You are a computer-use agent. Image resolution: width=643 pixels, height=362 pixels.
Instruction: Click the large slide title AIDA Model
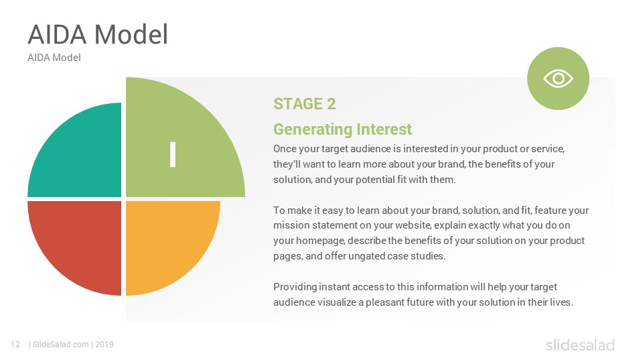click(x=97, y=34)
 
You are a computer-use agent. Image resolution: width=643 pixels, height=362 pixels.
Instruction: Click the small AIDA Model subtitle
click(x=54, y=58)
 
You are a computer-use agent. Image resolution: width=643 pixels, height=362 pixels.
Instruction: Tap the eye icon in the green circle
click(x=558, y=78)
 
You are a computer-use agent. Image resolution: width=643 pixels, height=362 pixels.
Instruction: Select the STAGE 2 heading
click(x=304, y=104)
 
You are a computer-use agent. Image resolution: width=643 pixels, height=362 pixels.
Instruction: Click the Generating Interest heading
click(x=342, y=129)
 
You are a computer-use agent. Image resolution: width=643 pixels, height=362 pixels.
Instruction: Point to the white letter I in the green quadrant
click(x=173, y=154)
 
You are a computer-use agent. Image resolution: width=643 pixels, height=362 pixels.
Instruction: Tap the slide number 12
click(x=15, y=345)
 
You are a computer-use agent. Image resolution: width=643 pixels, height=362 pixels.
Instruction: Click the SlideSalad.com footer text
click(x=61, y=345)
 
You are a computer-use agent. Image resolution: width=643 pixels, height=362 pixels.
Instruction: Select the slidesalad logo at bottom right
click(x=579, y=345)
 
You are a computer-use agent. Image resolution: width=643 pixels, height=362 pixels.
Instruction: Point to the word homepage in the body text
click(x=295, y=241)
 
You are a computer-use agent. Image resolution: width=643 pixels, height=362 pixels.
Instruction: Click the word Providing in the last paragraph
click(x=294, y=287)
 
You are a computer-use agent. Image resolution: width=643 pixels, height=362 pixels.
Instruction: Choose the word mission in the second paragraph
click(x=289, y=225)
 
